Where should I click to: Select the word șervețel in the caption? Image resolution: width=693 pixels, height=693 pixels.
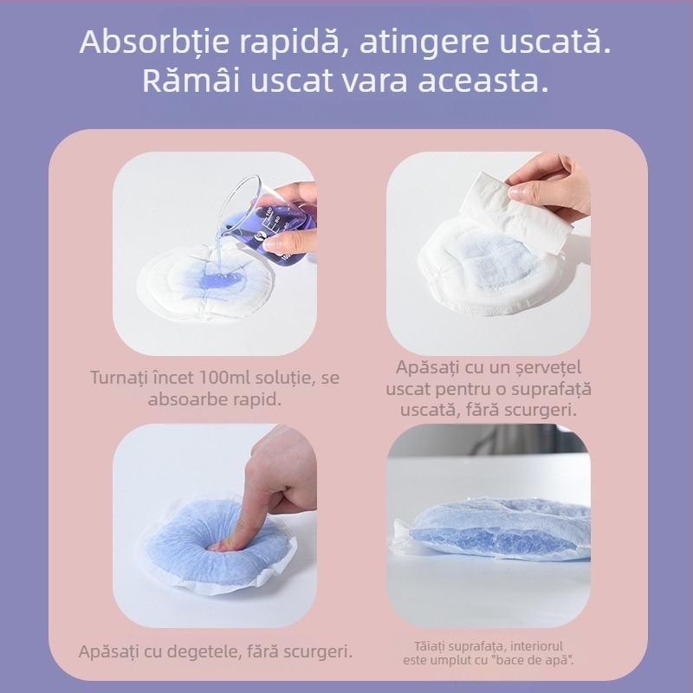click(549, 368)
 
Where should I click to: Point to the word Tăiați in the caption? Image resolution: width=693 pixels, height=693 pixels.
click(431, 644)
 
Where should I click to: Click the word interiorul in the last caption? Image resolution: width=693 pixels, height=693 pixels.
click(538, 644)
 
